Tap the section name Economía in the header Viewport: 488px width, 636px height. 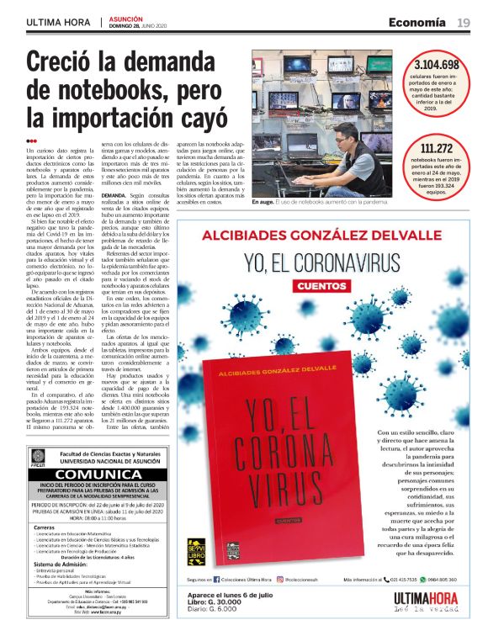point(417,22)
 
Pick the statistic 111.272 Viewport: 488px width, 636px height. point(437,149)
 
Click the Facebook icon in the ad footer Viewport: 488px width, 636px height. point(217,580)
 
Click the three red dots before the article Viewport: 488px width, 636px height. point(32,141)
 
